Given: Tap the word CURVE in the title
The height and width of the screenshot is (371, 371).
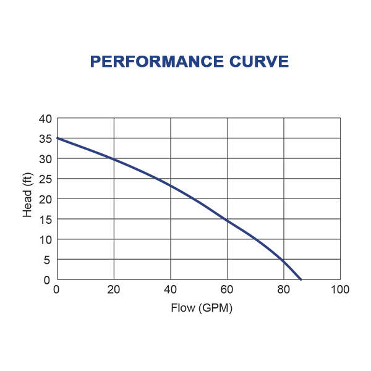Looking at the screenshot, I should click(x=260, y=62).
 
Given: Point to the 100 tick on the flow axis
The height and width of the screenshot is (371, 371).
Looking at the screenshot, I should click(x=340, y=290).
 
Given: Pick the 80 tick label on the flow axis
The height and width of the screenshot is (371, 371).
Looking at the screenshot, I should click(x=284, y=290).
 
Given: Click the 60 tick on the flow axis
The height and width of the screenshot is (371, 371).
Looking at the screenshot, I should click(x=227, y=290).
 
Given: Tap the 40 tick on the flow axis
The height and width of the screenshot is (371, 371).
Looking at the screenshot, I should click(x=171, y=290).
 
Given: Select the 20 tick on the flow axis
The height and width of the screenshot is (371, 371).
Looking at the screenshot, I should click(x=114, y=290).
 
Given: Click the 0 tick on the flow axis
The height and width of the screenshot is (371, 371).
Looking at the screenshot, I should click(x=57, y=290).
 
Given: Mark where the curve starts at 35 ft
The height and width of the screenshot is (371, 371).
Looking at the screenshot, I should click(x=58, y=139).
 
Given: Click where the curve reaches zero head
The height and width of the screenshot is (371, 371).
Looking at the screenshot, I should click(x=301, y=279).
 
